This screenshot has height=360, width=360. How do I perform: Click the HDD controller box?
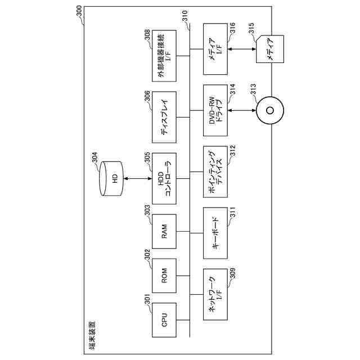click(x=164, y=179)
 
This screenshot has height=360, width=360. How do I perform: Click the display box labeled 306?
click(x=164, y=117)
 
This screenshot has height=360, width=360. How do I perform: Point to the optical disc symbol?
click(x=269, y=110)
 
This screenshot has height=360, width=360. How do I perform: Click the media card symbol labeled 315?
click(x=269, y=49)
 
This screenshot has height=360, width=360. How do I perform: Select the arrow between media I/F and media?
click(x=243, y=50)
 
